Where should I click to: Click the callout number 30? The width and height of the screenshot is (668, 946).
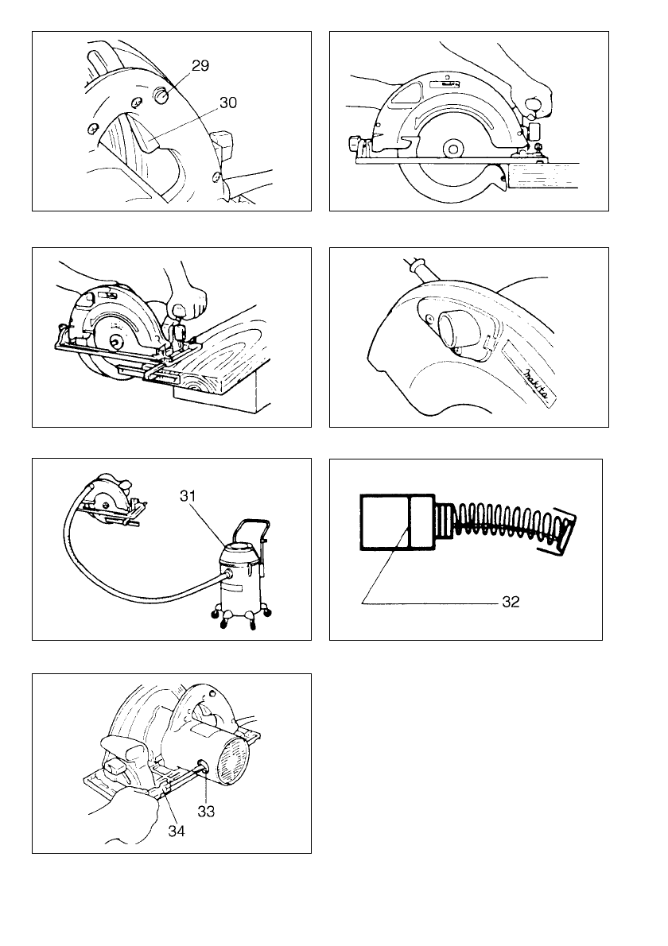coord(227,103)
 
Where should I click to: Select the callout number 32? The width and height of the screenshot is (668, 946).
coord(510,603)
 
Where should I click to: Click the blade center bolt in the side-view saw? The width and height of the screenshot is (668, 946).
coord(454,148)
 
